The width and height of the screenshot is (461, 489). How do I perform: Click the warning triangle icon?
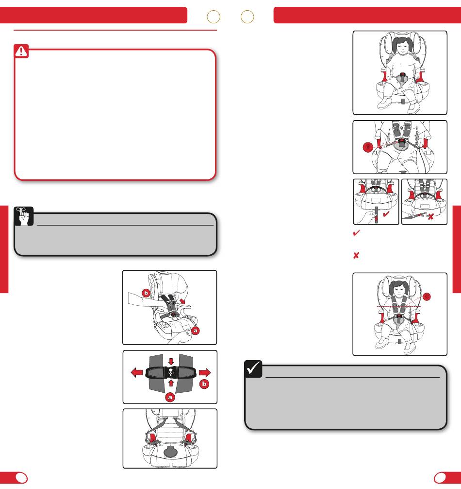pyautogui.click(x=21, y=51)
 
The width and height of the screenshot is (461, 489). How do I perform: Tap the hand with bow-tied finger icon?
pyautogui.click(x=24, y=216)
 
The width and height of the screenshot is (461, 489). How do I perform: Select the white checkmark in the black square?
pyautogui.click(x=253, y=368)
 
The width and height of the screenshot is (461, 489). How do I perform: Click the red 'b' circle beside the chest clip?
pyautogui.click(x=204, y=384)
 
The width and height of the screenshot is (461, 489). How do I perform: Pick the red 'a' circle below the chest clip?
pyautogui.click(x=170, y=397)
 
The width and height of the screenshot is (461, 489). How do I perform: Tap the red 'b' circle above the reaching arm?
pyautogui.click(x=146, y=293)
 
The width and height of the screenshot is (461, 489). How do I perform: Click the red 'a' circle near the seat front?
pyautogui.click(x=196, y=330)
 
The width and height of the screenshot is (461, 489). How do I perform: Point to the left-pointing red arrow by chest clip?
pyautogui.click(x=137, y=372)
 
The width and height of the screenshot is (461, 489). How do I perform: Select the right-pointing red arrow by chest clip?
pyautogui.click(x=205, y=372)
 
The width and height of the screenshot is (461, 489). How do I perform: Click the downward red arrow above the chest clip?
pyautogui.click(x=171, y=362)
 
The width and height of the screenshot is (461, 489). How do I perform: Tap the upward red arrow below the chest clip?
pyautogui.click(x=171, y=383)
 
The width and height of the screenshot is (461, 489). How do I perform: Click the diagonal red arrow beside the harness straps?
pyautogui.click(x=182, y=301)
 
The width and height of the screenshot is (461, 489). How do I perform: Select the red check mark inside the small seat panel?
pyautogui.click(x=386, y=214)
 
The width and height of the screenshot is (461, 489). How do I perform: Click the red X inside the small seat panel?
pyautogui.click(x=430, y=216)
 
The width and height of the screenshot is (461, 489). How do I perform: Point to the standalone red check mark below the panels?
pyautogui.click(x=356, y=233)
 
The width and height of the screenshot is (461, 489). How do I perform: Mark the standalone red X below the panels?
pyautogui.click(x=356, y=255)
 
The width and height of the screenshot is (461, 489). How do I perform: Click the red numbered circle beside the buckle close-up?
pyautogui.click(x=368, y=147)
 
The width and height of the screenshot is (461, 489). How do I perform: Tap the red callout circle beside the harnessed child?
pyautogui.click(x=427, y=297)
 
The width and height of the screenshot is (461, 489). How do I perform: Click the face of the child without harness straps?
pyautogui.click(x=403, y=47)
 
